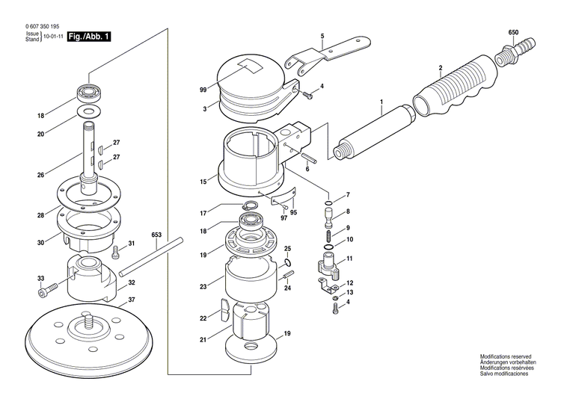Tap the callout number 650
pyautogui.click(x=513, y=33)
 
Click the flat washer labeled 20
pyautogui.click(x=91, y=112)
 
